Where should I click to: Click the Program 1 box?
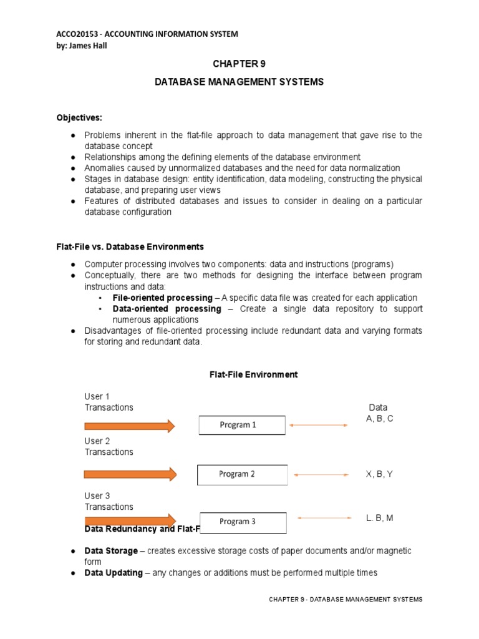[242, 425]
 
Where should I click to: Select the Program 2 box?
[243, 474]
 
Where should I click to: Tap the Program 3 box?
[243, 522]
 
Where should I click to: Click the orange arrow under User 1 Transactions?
[130, 426]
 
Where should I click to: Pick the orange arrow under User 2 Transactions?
[130, 475]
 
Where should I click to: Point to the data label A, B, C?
[379, 419]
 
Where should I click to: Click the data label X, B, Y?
[379, 474]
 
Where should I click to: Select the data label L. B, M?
[379, 518]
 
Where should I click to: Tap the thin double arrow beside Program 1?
[319, 425]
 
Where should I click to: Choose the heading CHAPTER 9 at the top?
[239, 64]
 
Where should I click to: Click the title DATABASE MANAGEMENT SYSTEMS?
[239, 82]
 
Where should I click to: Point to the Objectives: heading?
[79, 117]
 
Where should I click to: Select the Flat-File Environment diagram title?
[253, 374]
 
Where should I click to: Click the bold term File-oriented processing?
[162, 298]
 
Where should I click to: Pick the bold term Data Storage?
[111, 551]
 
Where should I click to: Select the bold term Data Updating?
[114, 573]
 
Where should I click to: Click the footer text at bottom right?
[346, 599]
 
